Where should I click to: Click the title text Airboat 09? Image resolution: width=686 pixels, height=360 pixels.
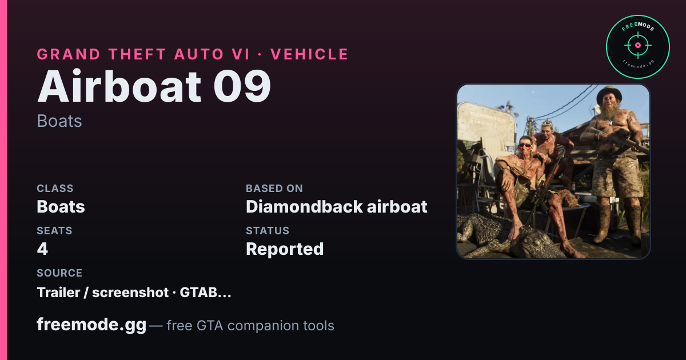pos(154,86)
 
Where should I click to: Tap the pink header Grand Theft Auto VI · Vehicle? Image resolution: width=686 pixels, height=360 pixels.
pos(193,54)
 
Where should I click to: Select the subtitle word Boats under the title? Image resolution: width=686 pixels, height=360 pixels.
pos(59,121)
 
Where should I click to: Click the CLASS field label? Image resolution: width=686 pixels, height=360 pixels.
pos(55,188)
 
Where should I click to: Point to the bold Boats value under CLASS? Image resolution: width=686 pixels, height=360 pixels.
pos(61,207)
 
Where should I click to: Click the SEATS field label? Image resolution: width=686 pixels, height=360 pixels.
pos(54,230)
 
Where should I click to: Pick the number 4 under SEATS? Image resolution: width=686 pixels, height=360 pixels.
pos(42,249)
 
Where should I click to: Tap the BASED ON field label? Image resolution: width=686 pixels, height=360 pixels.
pos(274,188)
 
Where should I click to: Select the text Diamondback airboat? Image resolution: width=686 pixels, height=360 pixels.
pos(337,207)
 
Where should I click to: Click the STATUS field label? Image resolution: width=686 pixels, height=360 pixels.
pos(268,230)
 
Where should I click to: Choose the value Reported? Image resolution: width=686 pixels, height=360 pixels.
pos(285,249)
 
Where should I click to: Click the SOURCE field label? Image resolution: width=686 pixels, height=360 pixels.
pos(59,273)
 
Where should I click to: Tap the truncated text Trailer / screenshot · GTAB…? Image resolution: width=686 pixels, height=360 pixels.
pos(134,293)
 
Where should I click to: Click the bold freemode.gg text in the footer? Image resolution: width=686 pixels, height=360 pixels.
pos(91,325)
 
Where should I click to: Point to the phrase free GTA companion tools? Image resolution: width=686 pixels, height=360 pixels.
pos(250,325)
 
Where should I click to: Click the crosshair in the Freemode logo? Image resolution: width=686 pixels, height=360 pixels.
pos(638,45)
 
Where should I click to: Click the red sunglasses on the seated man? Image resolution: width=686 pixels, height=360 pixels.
pos(525,145)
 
